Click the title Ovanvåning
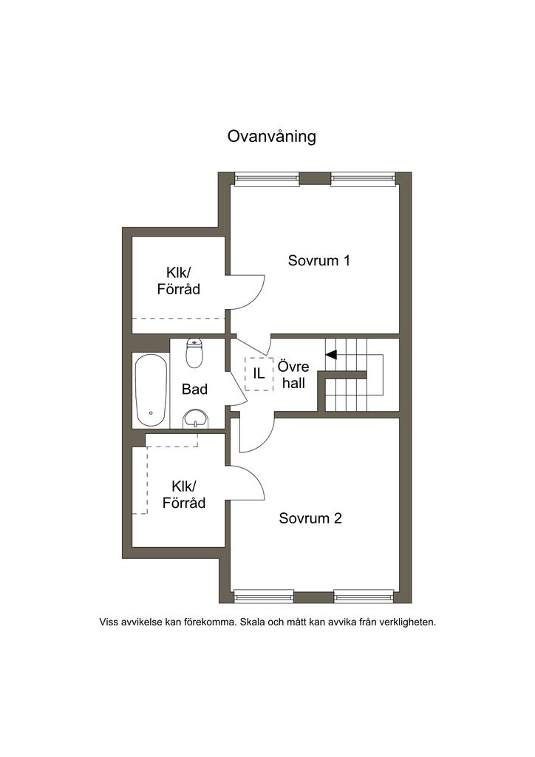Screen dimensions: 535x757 (272, 137)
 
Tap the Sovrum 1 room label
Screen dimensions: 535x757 (319, 261)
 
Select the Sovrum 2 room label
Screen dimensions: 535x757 (310, 518)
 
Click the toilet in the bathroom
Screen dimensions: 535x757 (194, 353)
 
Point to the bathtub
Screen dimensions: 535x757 (151, 390)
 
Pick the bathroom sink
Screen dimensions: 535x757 (195, 418)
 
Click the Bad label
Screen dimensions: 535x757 (194, 389)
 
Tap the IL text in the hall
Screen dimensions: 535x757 (259, 373)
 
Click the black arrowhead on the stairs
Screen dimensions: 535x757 (331, 355)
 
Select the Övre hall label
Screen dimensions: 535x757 (293, 375)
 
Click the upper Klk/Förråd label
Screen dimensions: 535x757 (179, 281)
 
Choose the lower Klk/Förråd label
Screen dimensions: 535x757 (184, 495)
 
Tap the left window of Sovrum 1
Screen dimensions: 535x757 (267, 179)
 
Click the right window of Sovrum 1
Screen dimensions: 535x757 (364, 179)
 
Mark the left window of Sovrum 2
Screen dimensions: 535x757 (264, 597)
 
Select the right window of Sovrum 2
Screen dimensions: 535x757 (364, 597)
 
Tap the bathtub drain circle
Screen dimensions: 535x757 (151, 413)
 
